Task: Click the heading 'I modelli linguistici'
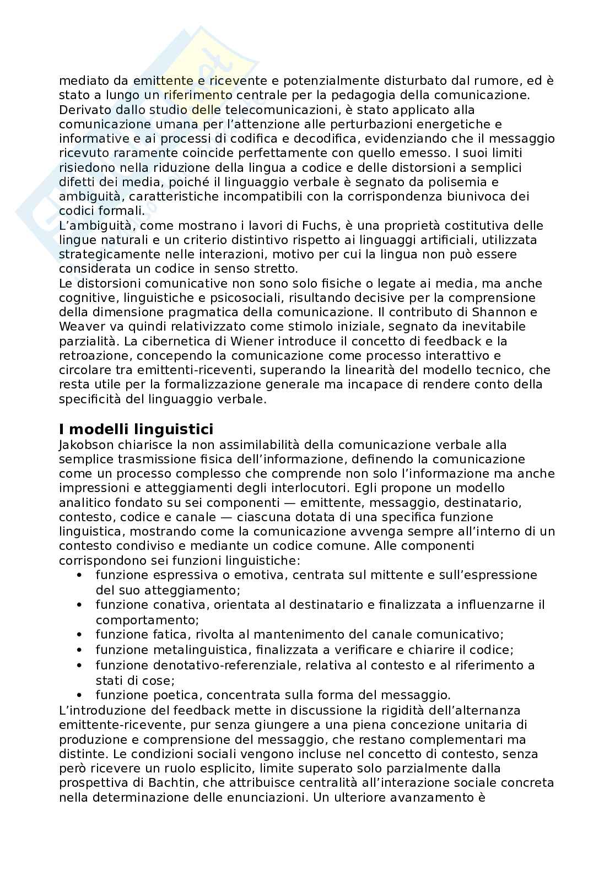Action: (136, 429)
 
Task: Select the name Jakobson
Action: (84, 445)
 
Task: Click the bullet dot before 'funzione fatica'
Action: (81, 635)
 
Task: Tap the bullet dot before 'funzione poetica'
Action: (81, 695)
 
